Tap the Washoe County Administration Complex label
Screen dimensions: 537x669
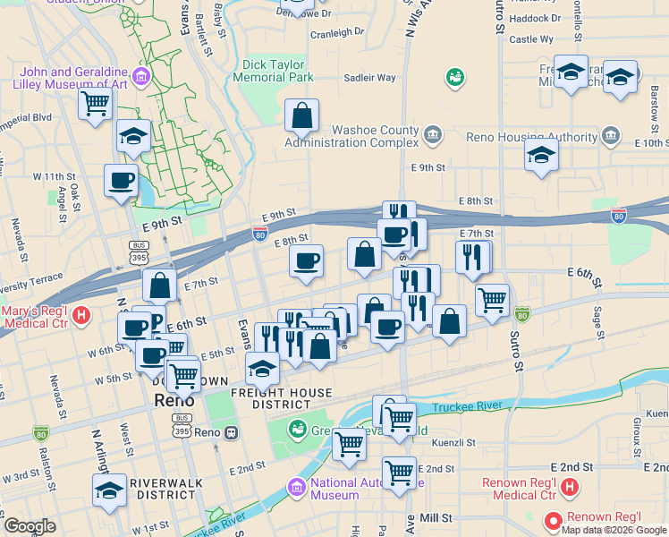(x=351, y=135)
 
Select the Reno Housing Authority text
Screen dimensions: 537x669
(x=531, y=137)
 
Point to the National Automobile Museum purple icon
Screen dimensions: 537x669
(x=294, y=487)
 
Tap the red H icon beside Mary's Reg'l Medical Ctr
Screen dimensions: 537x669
(x=81, y=315)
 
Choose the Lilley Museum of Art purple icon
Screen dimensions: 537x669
(x=140, y=73)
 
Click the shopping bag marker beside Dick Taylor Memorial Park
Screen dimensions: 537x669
(x=302, y=115)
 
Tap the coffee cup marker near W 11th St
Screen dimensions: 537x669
(x=121, y=180)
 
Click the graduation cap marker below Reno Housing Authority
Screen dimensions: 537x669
(x=541, y=155)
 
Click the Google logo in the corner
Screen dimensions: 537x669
(x=30, y=526)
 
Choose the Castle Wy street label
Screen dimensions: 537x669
(x=531, y=39)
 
